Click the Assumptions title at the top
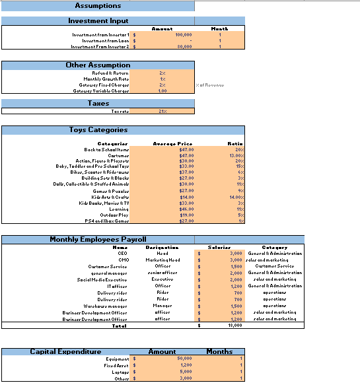tap(98, 6)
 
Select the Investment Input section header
tap(98, 21)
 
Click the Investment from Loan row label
tap(101, 41)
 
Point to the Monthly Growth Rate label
tap(110, 79)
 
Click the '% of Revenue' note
tap(211, 85)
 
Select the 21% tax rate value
tap(162, 112)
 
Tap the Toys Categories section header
tap(98, 130)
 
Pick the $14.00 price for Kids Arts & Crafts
tap(187, 197)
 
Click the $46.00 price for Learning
tap(187, 209)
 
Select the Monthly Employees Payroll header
tap(98, 239)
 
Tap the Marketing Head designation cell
tap(162, 260)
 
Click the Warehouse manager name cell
tap(106, 306)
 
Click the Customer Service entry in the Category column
tap(274, 266)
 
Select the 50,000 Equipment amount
tap(183, 359)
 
